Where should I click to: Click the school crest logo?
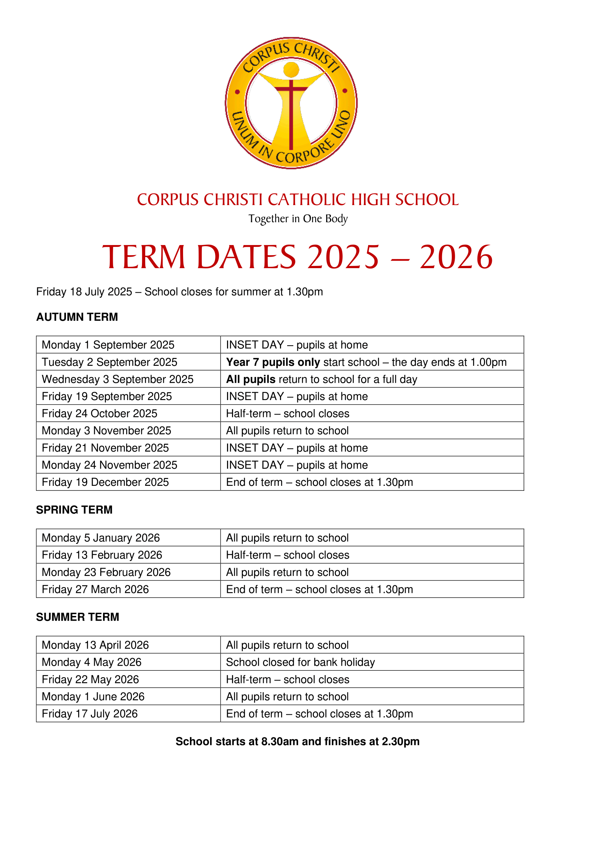coord(291,103)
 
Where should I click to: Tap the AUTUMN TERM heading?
coord(77,317)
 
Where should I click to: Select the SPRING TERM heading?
coord(74,510)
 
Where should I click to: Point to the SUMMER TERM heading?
coord(77,617)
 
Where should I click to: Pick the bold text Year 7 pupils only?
coord(273,362)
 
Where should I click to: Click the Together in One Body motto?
coord(298,219)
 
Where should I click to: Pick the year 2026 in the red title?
coord(456,257)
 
